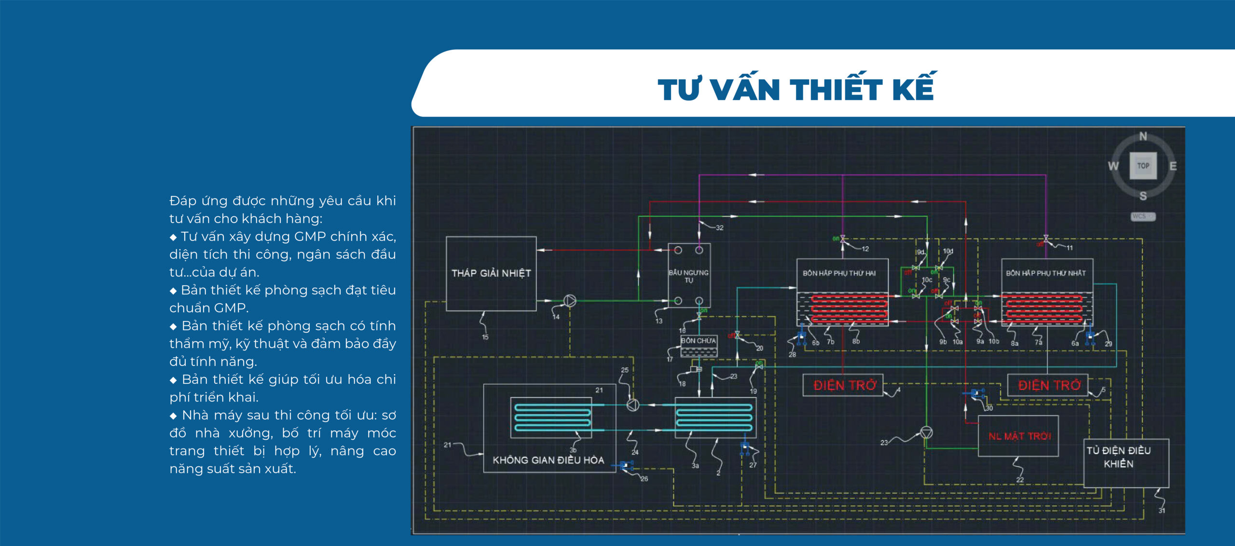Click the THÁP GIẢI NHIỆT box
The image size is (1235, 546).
(x=491, y=273)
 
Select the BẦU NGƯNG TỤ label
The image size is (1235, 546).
(x=688, y=276)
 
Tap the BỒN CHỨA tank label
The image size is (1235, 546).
(x=698, y=341)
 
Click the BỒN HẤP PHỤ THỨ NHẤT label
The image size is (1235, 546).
(x=1045, y=273)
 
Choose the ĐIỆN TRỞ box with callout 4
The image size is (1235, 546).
(x=844, y=385)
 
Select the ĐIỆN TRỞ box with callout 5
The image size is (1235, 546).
(x=1048, y=385)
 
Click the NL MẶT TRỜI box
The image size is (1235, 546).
(x=1019, y=436)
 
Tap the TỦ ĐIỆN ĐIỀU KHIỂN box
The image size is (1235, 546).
(x=1119, y=457)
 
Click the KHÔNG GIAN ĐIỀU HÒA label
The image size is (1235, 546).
(x=548, y=460)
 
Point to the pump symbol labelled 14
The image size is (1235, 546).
(x=570, y=301)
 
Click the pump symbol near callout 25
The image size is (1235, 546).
(x=633, y=405)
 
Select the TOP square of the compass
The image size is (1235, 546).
(x=1143, y=166)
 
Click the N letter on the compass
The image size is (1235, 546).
(x=1143, y=137)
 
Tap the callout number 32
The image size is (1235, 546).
(x=719, y=228)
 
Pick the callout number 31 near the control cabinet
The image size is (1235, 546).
(x=1162, y=510)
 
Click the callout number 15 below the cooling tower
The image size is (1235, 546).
(x=485, y=337)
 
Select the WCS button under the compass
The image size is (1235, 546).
(x=1142, y=216)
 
